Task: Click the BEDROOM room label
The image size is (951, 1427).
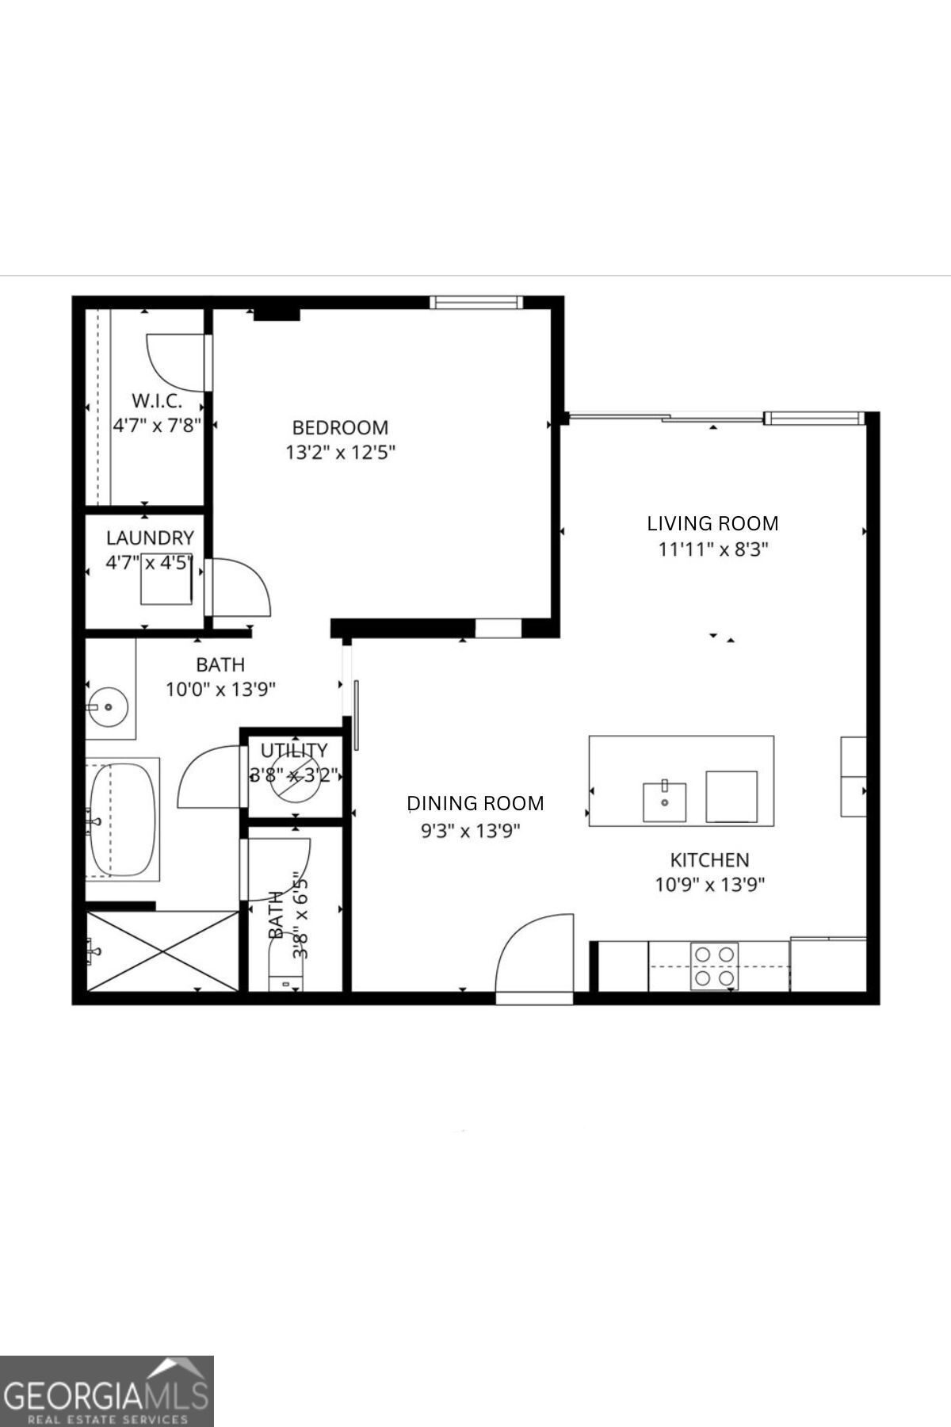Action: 340,427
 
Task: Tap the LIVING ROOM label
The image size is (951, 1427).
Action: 712,523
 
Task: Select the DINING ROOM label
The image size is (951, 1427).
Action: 475,803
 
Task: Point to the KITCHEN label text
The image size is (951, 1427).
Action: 709,859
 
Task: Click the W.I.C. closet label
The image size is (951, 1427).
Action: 156,400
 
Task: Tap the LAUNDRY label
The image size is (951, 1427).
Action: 150,538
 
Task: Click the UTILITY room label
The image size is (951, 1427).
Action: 293,750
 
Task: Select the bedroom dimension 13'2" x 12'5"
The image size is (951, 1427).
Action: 340,453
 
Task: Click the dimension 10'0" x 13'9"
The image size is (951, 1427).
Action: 220,689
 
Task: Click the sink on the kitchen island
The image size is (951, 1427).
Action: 665,801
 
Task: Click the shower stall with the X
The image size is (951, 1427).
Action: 162,951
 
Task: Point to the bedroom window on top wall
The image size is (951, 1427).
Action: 476,302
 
